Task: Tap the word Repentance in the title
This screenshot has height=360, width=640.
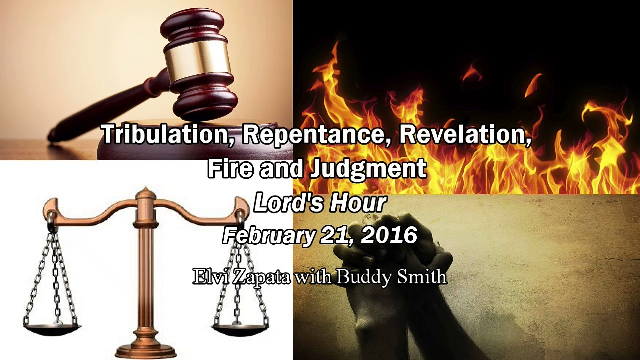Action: (x=311, y=135)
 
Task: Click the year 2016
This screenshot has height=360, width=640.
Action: (x=389, y=235)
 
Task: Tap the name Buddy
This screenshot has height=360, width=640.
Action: (x=359, y=276)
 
